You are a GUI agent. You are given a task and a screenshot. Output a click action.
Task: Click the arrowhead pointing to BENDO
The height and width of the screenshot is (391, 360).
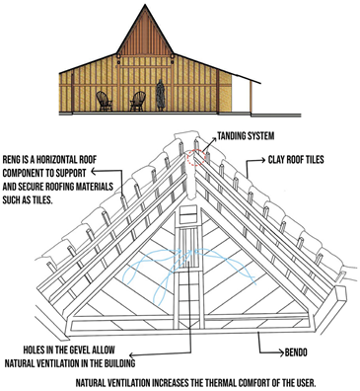[257, 337]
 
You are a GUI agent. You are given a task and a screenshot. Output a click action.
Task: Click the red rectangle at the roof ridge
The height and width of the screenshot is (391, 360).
[195, 157]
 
